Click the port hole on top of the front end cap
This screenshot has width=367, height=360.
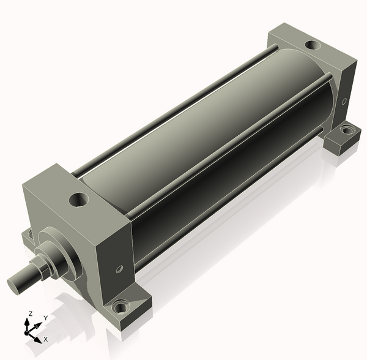[80, 199]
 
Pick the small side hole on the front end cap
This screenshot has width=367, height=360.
[120, 268]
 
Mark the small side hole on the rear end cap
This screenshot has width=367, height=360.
[344, 100]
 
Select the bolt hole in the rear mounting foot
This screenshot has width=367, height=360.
[347, 129]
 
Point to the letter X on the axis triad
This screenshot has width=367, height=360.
[46, 339]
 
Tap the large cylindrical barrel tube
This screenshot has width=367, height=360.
[202, 141]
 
